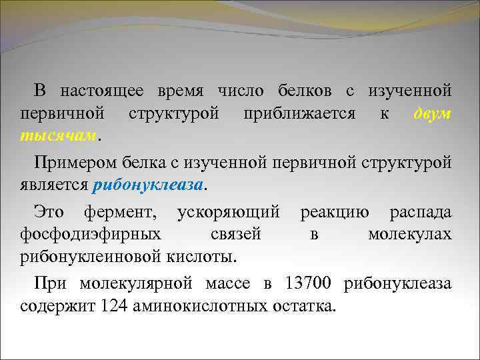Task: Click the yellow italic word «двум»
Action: click(432, 114)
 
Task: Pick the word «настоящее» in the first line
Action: click(104, 90)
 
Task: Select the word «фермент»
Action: click(124, 213)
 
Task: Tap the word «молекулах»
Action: click(409, 234)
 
